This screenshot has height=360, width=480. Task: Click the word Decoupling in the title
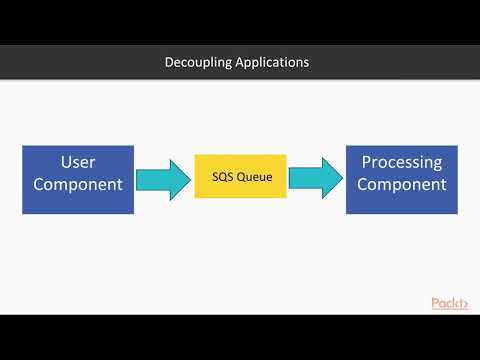coord(198,62)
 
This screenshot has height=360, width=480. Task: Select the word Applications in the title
coord(271,62)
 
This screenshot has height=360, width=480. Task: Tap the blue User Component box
coord(78,179)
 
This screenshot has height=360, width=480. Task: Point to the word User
coord(77,163)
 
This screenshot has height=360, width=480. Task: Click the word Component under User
coord(77,185)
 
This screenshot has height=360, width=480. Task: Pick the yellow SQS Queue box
coord(240,176)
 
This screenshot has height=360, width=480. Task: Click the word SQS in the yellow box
coord(223,176)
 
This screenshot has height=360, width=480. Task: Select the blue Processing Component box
coord(402,179)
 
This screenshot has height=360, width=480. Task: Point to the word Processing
coord(402,163)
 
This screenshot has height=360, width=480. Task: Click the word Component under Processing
coord(402,185)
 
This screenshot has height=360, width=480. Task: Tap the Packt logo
coord(449,303)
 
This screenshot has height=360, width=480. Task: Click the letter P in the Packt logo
coord(436,303)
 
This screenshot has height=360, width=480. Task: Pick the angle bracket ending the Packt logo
coord(465,303)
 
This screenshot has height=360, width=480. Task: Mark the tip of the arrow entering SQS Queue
coord(190,178)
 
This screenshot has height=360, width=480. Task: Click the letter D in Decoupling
coord(168,62)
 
